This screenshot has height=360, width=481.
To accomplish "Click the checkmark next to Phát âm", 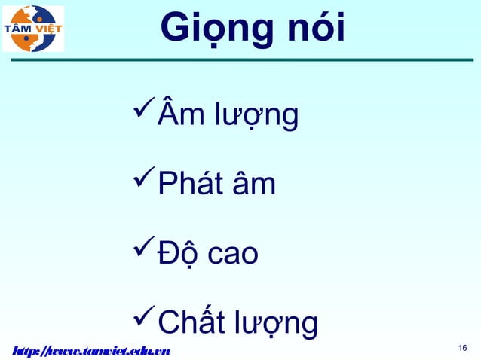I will pos(142,182).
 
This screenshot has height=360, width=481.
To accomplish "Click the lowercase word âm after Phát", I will pos(253,185).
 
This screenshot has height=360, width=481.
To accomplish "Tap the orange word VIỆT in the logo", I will pos(50,29).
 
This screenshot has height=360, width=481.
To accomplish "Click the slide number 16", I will pos(464,347).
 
